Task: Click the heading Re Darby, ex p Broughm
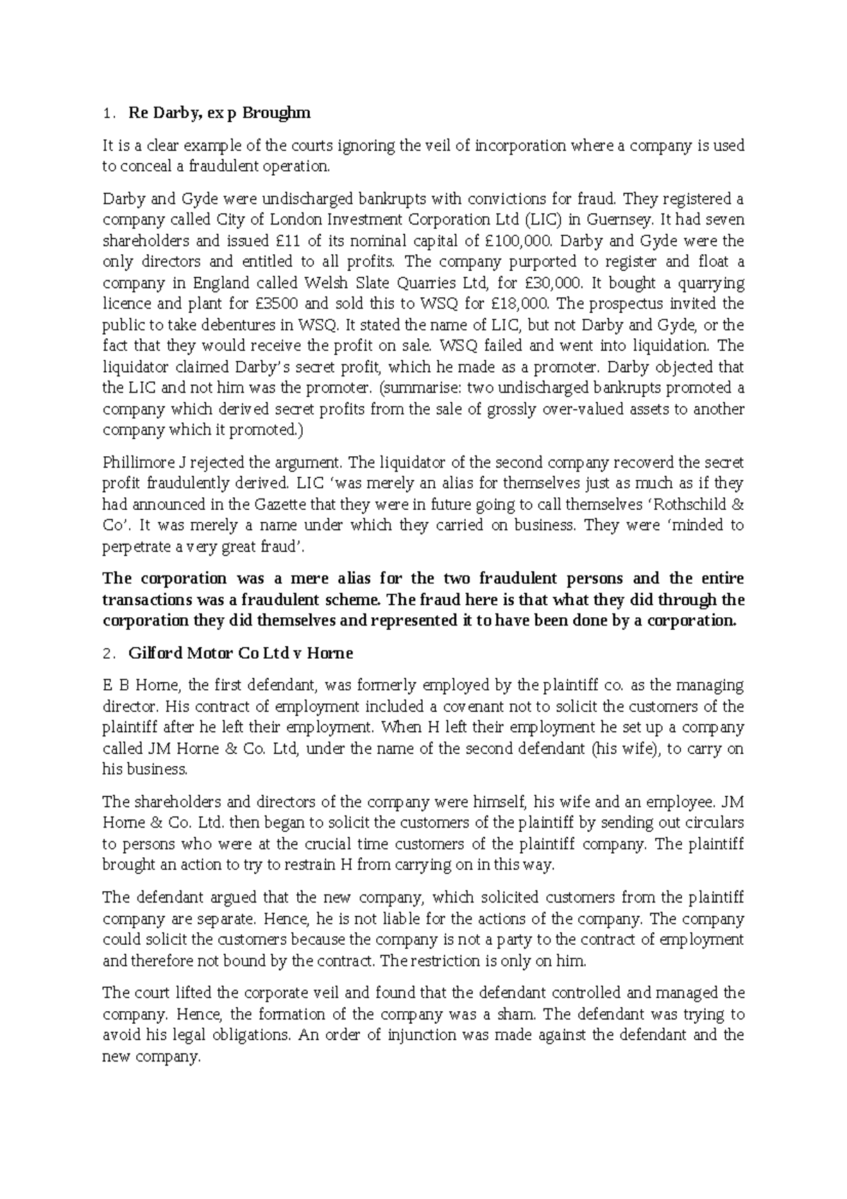pos(219,113)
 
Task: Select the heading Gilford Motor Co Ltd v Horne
pos(241,653)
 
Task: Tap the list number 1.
pos(107,114)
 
